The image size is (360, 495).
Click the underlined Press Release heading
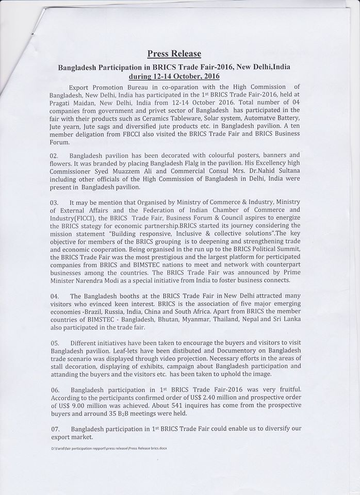point(174,53)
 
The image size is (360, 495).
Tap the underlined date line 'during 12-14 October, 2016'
point(174,76)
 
